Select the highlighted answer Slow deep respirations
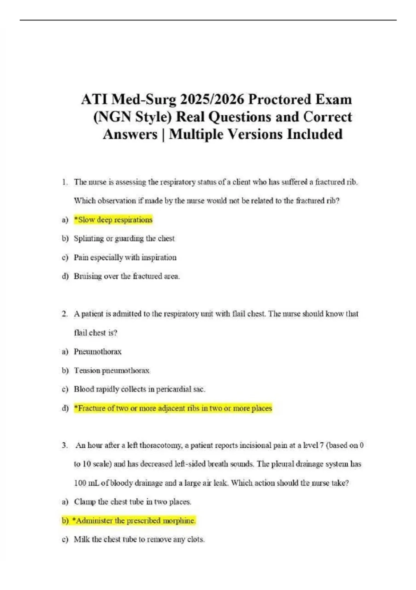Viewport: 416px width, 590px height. pyautogui.click(x=113, y=220)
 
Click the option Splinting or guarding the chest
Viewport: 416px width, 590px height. pyautogui.click(x=124, y=238)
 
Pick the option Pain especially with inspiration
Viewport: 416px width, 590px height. pyautogui.click(x=125, y=258)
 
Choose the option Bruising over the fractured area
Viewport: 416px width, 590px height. pyautogui.click(x=127, y=276)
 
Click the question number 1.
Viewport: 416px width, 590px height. pyautogui.click(x=64, y=182)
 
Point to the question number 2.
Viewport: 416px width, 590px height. pyautogui.click(x=64, y=314)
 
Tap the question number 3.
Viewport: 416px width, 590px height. pyautogui.click(x=64, y=445)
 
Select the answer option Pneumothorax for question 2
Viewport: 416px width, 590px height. pyautogui.click(x=97, y=352)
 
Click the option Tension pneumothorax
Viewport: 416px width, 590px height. pyautogui.click(x=112, y=371)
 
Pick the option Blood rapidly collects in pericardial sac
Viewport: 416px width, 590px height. pyautogui.click(x=139, y=389)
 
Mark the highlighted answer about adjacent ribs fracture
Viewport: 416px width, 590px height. pyautogui.click(x=173, y=408)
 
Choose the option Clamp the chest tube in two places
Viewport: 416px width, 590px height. pyautogui.click(x=132, y=502)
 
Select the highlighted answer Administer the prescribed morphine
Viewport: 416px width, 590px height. pyautogui.click(x=133, y=521)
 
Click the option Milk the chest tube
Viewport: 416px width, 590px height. pyautogui.click(x=139, y=539)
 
